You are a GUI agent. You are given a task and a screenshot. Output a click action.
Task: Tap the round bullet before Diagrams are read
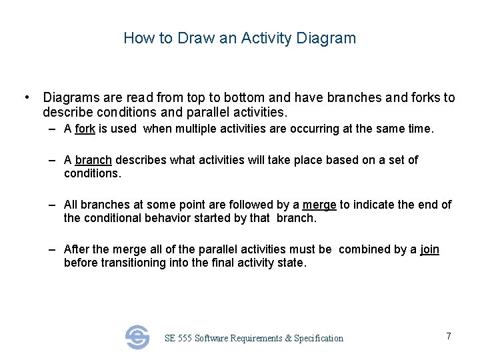(x=25, y=98)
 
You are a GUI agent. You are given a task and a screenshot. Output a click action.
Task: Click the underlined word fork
(x=85, y=129)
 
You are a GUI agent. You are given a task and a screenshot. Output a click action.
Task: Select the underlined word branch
(x=93, y=160)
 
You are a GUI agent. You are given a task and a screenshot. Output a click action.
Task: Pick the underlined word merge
(x=319, y=205)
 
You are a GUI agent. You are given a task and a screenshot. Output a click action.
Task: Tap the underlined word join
(x=429, y=249)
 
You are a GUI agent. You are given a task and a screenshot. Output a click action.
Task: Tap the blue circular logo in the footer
(x=137, y=337)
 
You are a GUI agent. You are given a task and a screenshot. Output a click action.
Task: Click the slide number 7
(x=449, y=336)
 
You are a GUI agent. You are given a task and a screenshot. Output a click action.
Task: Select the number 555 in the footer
(x=185, y=339)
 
